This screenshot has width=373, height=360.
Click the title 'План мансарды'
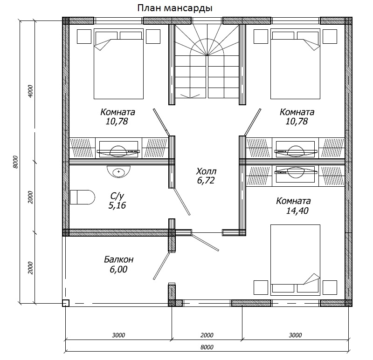[175, 8]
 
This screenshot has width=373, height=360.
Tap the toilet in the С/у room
[83, 197]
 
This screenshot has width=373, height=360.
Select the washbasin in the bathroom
[118, 171]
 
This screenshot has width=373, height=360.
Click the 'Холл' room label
[206, 171]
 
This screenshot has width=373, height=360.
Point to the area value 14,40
[297, 211]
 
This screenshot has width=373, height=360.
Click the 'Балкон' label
[118, 259]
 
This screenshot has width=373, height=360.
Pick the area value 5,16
[117, 205]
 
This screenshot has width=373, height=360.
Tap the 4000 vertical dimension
[30, 91]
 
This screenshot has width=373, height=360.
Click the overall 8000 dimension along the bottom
[207, 347]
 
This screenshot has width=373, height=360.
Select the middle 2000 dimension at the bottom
[207, 335]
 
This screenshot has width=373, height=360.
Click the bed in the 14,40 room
[295, 260]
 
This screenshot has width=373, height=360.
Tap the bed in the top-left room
[118, 64]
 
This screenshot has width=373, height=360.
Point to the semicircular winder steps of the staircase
[207, 47]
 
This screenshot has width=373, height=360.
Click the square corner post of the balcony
[66, 303]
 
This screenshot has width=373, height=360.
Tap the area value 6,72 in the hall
[206, 181]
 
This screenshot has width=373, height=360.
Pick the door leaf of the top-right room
[253, 122]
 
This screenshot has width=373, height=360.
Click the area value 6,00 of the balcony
[118, 269]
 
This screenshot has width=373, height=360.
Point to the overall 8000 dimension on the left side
[15, 162]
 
